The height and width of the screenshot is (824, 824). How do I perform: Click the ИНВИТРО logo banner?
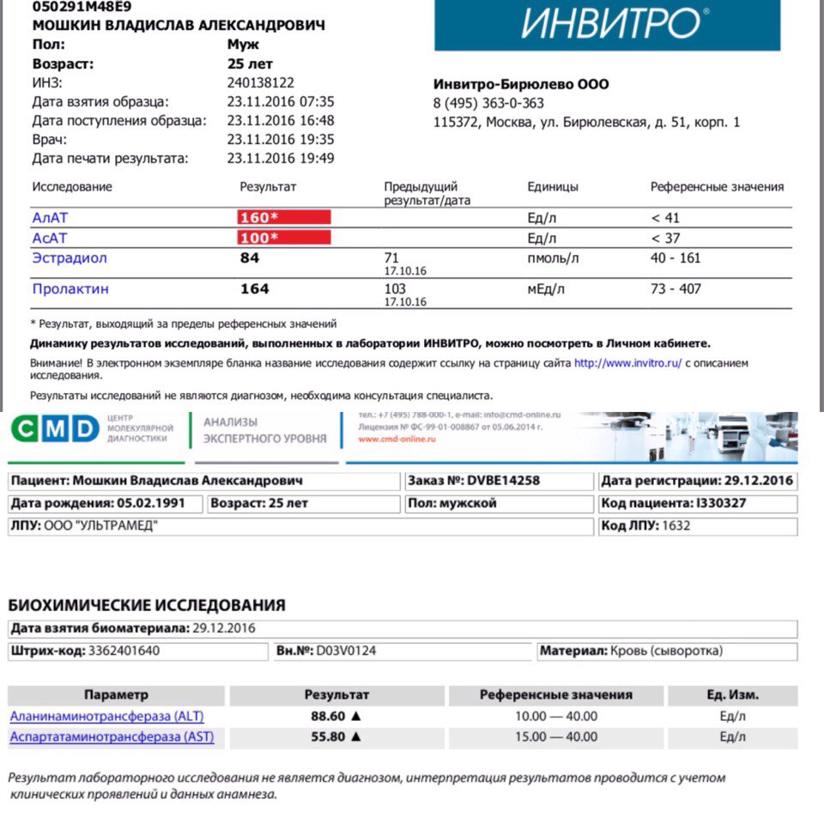(607, 25)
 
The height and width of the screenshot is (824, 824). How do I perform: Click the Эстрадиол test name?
(70, 257)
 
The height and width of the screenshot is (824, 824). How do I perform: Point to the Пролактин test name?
(70, 289)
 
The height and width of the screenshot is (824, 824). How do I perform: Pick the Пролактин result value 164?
(255, 289)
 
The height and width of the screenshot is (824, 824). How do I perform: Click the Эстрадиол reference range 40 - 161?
(676, 257)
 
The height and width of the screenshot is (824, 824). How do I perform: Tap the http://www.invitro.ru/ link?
(627, 363)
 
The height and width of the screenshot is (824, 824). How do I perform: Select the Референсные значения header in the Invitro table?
(717, 187)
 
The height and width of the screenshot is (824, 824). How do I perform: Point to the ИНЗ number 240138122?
(261, 83)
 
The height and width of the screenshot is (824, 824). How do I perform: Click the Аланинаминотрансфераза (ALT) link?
(106, 716)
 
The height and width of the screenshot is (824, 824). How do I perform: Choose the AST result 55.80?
(328, 736)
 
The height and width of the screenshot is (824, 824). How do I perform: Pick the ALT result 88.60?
(328, 716)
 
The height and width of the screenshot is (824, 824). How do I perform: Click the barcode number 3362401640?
(124, 651)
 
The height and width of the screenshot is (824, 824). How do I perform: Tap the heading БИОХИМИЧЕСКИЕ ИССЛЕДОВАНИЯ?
(147, 605)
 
